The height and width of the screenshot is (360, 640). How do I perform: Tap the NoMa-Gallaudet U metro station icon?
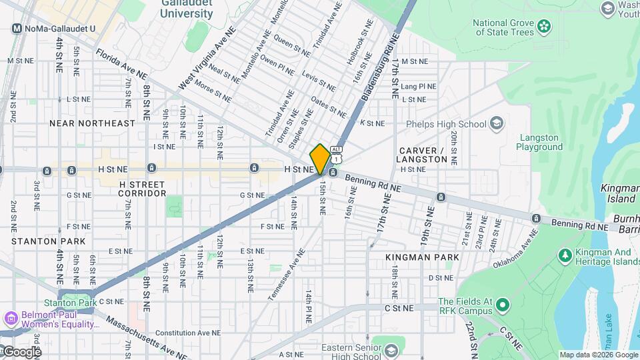(18, 29)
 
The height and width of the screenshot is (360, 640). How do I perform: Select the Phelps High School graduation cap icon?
(497, 123)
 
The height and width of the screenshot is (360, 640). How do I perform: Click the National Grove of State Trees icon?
(545, 27)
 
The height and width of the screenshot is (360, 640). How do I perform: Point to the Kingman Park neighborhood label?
(422, 257)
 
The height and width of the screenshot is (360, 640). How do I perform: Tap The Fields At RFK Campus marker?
(503, 306)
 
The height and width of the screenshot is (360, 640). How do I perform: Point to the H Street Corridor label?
(142, 188)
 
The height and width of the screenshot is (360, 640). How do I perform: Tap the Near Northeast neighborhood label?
(92, 123)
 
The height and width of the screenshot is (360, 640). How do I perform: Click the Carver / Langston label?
(421, 155)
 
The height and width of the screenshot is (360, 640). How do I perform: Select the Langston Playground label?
(541, 142)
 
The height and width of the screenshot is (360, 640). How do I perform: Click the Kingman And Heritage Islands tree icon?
(565, 255)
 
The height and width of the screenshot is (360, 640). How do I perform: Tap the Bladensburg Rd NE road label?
(379, 69)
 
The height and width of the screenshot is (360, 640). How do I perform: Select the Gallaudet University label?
(187, 9)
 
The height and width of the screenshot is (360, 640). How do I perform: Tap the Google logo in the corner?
(21, 351)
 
